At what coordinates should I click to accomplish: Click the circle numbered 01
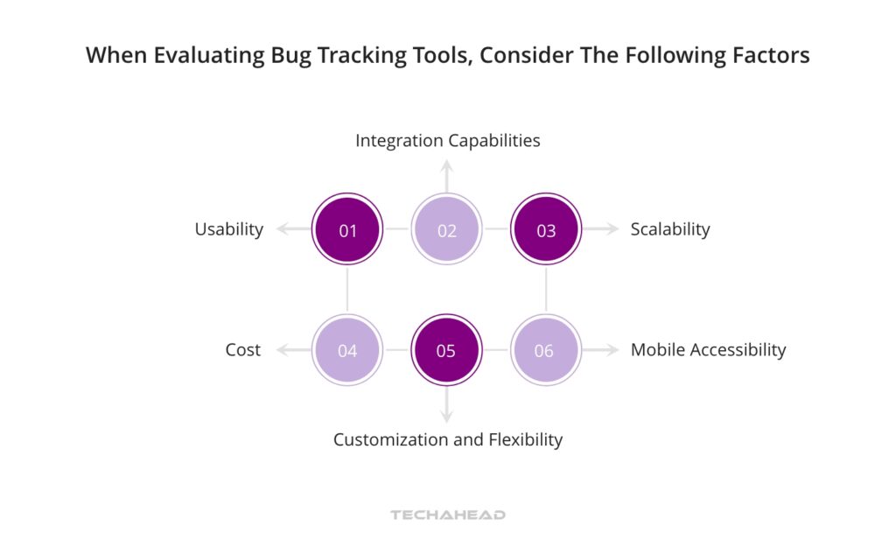(x=347, y=231)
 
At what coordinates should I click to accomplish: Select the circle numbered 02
(x=446, y=231)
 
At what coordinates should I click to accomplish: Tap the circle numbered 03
(x=545, y=231)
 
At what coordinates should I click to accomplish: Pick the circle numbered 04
(x=347, y=351)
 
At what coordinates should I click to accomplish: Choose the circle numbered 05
(x=446, y=351)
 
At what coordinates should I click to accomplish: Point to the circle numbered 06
(x=545, y=351)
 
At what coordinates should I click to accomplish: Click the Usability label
(x=228, y=229)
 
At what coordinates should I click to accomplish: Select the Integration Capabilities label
(x=447, y=140)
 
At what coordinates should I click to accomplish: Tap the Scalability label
(x=670, y=229)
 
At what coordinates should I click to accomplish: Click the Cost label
(x=242, y=350)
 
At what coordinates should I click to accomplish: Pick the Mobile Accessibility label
(x=708, y=350)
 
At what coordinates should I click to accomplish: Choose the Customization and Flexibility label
(x=447, y=439)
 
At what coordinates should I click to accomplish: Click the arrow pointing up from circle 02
(x=446, y=175)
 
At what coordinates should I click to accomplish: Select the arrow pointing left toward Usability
(x=292, y=230)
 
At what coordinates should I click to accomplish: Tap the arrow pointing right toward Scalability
(x=601, y=230)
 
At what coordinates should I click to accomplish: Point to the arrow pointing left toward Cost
(x=292, y=351)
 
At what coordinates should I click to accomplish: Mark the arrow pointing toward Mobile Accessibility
(x=601, y=351)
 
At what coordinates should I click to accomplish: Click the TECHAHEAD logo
(x=447, y=515)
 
